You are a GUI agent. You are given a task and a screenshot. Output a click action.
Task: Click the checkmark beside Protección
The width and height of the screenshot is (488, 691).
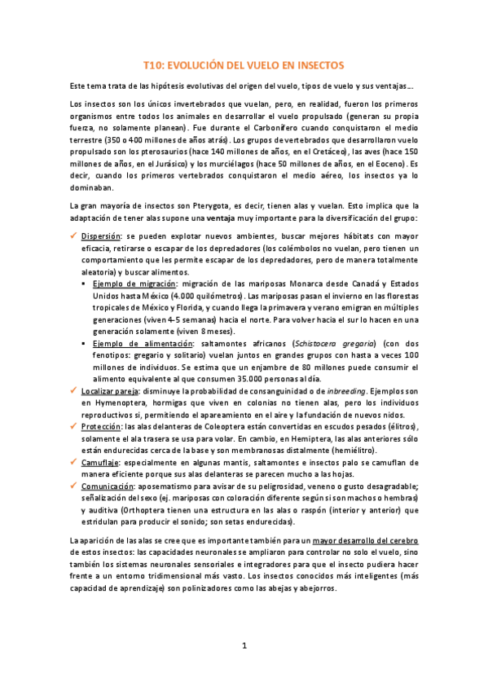(73, 428)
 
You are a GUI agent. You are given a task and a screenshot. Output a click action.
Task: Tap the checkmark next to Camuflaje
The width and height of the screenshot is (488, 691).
(73, 463)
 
